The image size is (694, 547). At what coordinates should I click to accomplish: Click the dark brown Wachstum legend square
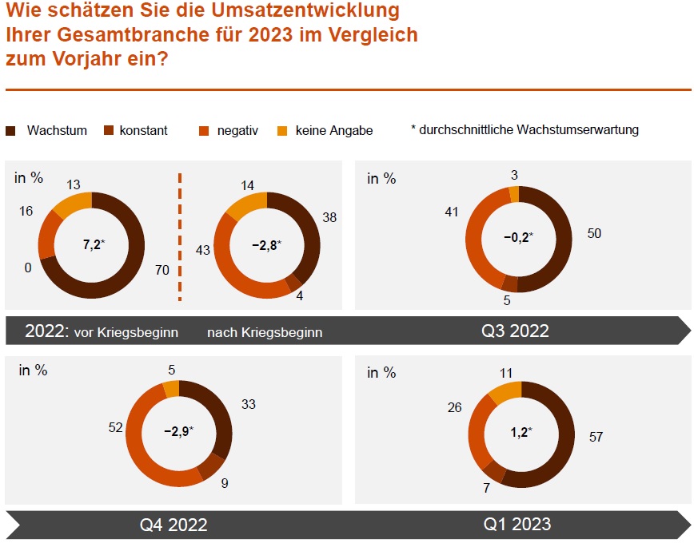point(11,131)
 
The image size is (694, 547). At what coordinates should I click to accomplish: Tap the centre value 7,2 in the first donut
point(94,244)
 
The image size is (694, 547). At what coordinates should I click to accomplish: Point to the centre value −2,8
point(265,245)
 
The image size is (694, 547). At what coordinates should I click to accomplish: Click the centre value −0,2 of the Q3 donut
point(517,237)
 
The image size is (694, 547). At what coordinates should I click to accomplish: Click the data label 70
point(162,271)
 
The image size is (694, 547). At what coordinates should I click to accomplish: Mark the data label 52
point(115,428)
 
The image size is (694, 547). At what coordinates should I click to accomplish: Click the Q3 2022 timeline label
point(515,331)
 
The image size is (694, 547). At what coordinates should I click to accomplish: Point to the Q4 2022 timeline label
point(173,525)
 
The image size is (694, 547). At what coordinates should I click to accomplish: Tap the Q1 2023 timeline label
point(517,524)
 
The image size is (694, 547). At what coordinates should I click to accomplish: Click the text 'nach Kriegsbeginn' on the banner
point(265,332)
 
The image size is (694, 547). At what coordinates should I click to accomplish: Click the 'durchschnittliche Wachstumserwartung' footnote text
point(528,130)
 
